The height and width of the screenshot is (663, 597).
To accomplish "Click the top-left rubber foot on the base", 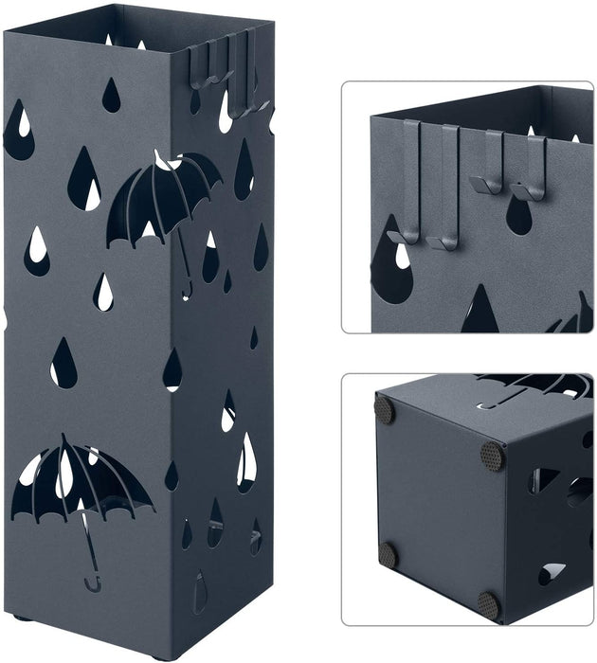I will point(384,409).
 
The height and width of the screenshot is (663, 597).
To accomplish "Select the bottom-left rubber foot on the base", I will point(388,554).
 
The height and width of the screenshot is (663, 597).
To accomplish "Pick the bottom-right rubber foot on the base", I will point(487,603).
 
